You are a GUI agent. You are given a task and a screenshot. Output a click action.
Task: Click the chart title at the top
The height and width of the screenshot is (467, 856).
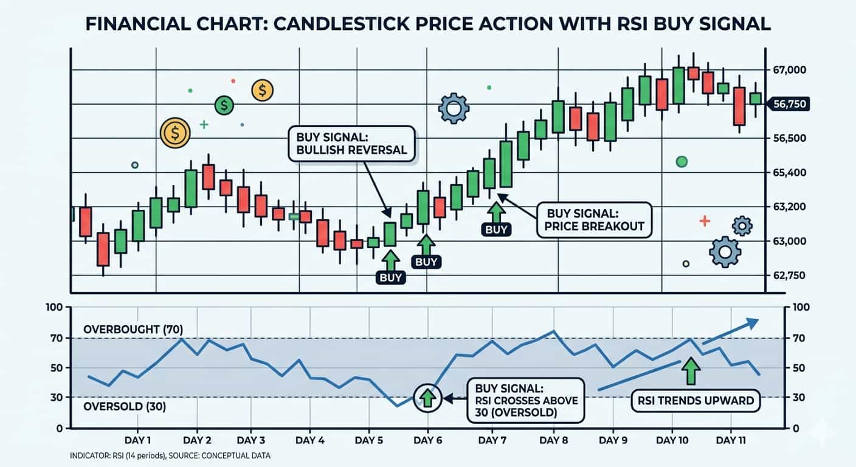(x=427, y=24)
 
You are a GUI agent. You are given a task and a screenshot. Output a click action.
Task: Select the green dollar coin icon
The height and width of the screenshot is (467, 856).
(x=224, y=106)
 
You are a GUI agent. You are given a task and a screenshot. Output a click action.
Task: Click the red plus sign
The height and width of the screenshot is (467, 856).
(x=705, y=221)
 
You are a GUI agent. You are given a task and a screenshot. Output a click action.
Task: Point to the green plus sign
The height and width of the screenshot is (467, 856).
(x=204, y=125)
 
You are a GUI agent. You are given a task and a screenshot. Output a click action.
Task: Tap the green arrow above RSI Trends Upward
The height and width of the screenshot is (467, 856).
(x=691, y=371)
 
